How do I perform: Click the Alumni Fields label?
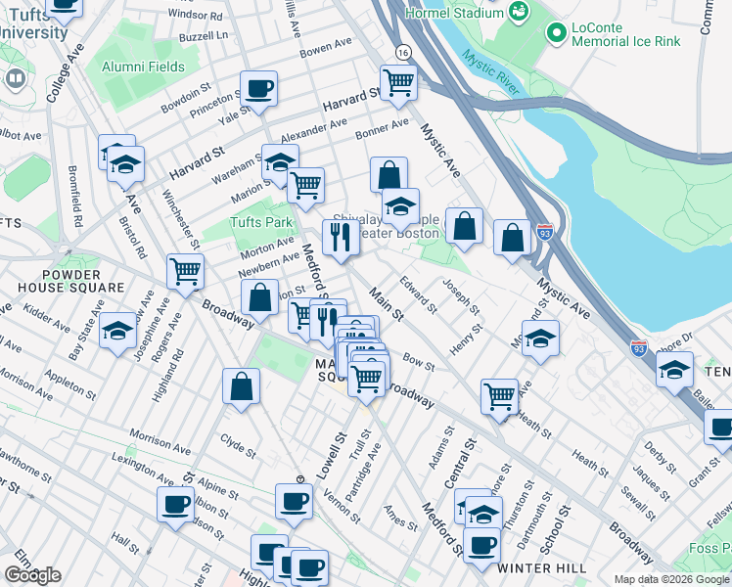tap(144, 67)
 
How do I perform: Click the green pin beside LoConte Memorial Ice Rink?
tap(557, 34)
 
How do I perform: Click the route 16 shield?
tap(401, 51)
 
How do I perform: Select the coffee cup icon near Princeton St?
tap(258, 89)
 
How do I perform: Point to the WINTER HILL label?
tap(542, 568)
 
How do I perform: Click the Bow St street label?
tap(418, 364)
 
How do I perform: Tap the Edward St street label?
tap(418, 294)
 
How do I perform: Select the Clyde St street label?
tap(237, 447)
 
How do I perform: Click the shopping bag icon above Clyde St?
tap(241, 386)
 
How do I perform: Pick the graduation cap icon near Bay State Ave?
tap(117, 331)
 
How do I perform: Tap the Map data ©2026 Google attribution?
tap(672, 579)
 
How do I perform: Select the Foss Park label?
tap(709, 548)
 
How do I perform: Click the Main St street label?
tap(386, 303)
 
